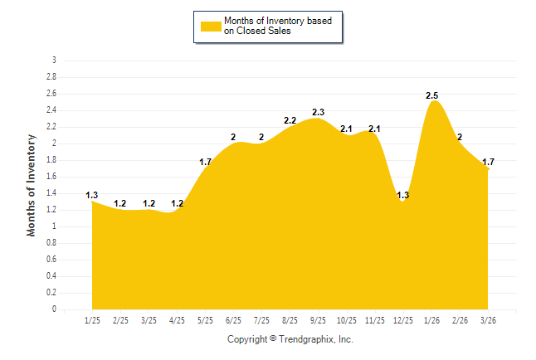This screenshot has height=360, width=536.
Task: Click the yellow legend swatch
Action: (x=211, y=26)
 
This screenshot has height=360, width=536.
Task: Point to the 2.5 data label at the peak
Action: (x=431, y=96)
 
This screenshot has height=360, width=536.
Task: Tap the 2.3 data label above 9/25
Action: (x=318, y=112)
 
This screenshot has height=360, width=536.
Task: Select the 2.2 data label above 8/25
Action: (x=290, y=120)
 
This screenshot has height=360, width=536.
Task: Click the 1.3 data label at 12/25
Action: (x=403, y=195)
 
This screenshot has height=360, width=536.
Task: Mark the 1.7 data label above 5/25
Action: (x=205, y=162)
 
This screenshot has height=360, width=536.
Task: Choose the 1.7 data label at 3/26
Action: (x=488, y=162)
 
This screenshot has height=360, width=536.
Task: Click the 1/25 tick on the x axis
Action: (x=92, y=319)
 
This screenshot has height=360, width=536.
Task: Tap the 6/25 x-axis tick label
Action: (x=233, y=319)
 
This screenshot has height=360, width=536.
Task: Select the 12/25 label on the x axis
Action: (x=403, y=319)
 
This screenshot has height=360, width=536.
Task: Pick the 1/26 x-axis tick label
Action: (x=431, y=319)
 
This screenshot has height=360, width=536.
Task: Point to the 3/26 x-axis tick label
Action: (x=488, y=319)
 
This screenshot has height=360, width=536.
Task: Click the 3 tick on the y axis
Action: (x=55, y=61)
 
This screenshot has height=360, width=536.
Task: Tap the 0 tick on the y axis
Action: (x=55, y=309)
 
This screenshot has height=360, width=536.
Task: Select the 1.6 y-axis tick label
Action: (x=51, y=177)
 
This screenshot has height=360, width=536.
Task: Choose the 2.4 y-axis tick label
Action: (x=51, y=110)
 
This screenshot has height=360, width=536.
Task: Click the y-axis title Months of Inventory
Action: (x=32, y=185)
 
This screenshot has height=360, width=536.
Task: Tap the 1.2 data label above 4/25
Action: (x=177, y=203)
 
